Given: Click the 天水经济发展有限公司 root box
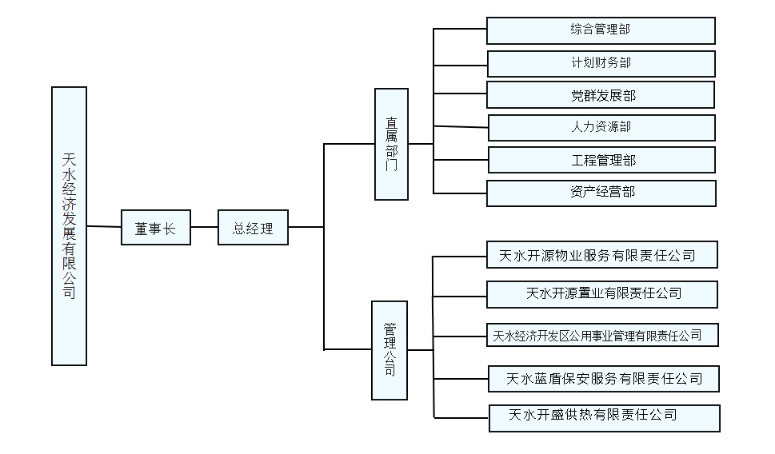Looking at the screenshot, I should click(x=69, y=225).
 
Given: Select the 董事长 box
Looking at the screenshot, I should click(x=155, y=228).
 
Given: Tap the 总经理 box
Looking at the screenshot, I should click(x=253, y=228).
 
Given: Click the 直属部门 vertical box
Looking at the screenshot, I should click(x=391, y=144).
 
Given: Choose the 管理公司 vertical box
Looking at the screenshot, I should click(x=389, y=350).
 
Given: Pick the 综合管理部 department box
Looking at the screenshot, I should click(x=601, y=30).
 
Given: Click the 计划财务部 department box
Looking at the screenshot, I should click(x=601, y=63).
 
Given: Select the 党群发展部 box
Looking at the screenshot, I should click(x=600, y=95).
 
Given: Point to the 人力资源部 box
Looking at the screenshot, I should click(x=601, y=128).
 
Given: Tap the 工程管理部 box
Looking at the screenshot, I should click(x=601, y=160).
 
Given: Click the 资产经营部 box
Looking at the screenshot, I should click(x=601, y=193).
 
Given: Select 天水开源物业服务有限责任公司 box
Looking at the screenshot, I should click(x=601, y=255).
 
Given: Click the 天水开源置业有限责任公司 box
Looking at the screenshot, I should click(x=601, y=293).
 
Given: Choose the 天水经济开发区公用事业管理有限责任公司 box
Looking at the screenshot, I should click(x=601, y=335).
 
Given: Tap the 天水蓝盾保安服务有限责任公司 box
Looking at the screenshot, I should click(x=604, y=378).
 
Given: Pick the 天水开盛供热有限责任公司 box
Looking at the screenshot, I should click(x=604, y=417).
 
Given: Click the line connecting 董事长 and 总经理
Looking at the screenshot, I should click(x=204, y=227).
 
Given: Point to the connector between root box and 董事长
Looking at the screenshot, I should click(x=104, y=227).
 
